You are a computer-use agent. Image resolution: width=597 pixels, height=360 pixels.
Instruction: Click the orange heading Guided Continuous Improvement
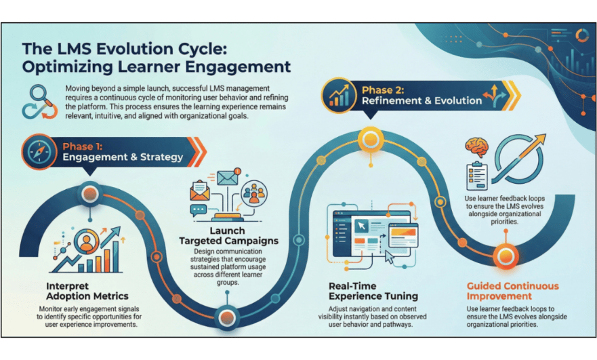(514, 291)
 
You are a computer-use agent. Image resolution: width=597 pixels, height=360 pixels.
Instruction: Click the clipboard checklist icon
(476, 176)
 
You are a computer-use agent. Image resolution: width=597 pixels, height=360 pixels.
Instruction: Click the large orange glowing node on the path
(505, 256)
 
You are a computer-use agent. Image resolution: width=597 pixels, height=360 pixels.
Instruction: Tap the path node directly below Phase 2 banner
(371, 140)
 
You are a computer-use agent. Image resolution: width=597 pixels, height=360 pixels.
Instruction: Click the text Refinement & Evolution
(422, 101)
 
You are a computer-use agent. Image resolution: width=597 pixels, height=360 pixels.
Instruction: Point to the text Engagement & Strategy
(123, 157)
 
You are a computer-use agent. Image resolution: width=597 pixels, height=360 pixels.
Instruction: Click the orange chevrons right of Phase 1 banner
(197, 151)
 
